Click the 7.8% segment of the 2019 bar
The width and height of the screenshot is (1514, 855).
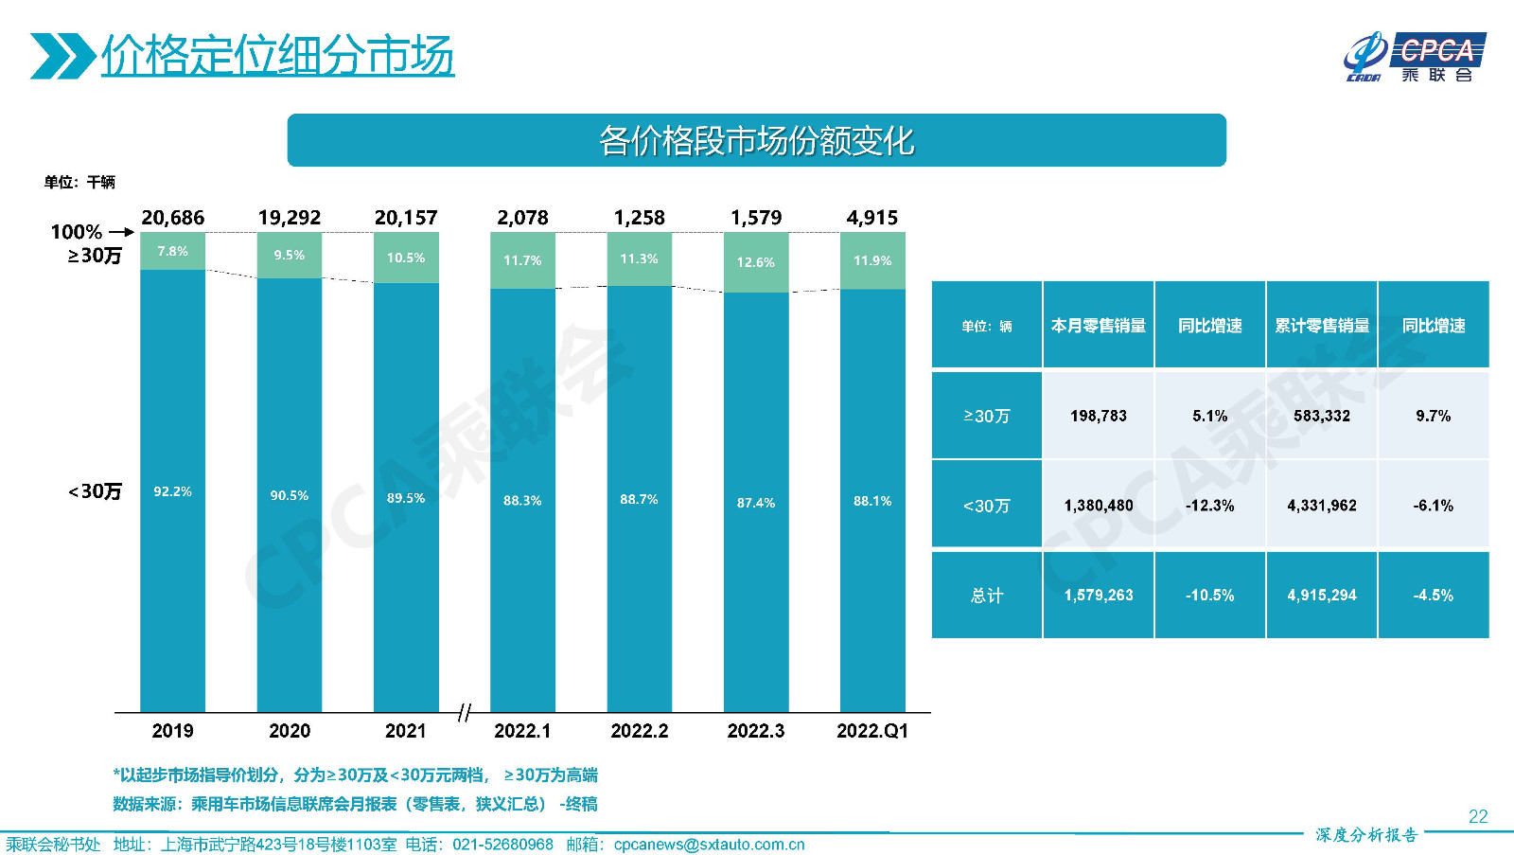[172, 251]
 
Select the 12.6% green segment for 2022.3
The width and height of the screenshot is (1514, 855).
[755, 262]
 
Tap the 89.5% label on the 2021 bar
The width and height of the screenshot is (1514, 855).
[406, 498]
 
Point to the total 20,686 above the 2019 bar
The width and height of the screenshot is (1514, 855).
[172, 218]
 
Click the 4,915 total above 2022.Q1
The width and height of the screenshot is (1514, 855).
[871, 218]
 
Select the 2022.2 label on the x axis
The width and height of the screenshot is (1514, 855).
[639, 731]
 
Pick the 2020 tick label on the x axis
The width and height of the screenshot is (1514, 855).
[289, 731]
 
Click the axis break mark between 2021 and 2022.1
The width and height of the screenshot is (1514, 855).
[464, 712]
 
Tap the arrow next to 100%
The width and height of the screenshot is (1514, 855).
[121, 232]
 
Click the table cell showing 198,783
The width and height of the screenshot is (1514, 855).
[1098, 416]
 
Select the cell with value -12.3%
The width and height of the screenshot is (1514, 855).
[1209, 506]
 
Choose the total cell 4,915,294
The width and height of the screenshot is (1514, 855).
[1321, 596]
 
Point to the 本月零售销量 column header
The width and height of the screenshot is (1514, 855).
[1098, 326]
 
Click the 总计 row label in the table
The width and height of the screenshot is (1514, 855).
[986, 596]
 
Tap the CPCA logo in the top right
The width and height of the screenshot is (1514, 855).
[1415, 57]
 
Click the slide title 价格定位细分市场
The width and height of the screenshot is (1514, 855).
[277, 55]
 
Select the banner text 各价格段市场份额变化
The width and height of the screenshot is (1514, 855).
[756, 141]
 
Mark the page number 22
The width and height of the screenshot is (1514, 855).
[1477, 816]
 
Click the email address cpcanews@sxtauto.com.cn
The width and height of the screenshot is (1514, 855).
[709, 845]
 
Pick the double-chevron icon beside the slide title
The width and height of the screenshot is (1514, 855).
[62, 56]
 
